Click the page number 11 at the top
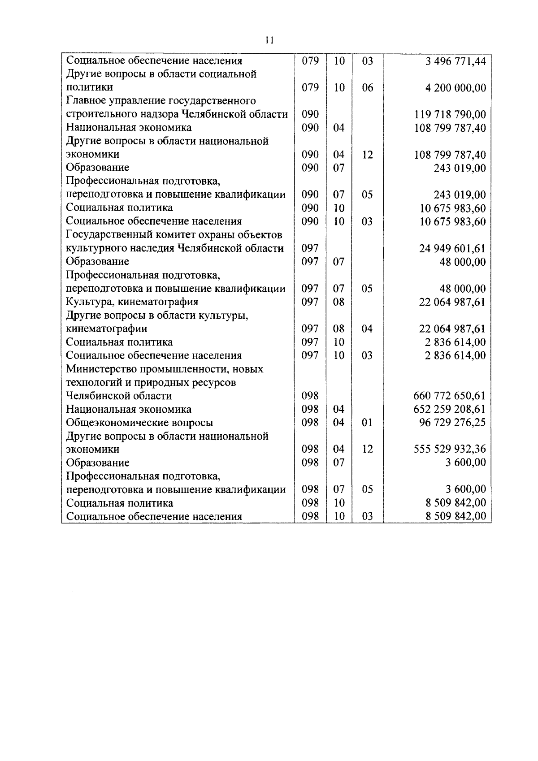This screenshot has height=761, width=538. click(269, 40)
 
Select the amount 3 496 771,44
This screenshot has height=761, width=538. click(456, 61)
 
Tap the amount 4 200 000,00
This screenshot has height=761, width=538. click(456, 88)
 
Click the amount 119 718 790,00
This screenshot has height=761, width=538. click(450, 115)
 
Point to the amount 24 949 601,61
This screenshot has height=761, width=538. click(452, 248)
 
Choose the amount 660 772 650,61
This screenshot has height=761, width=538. click(450, 396)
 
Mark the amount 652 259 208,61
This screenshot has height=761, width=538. click(450, 409)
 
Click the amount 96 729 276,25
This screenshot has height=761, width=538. click(452, 423)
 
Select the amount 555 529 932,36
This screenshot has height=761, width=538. click(450, 449)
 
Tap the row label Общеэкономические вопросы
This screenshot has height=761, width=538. click(139, 423)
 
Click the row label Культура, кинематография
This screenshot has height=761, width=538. click(132, 302)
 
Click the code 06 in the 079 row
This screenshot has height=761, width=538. click(367, 88)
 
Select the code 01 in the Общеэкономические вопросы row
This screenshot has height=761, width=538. click(367, 423)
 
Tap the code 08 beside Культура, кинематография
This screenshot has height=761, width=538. click(338, 302)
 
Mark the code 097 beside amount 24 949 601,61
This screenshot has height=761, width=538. click(310, 248)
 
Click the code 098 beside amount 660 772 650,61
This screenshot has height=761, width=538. click(310, 396)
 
